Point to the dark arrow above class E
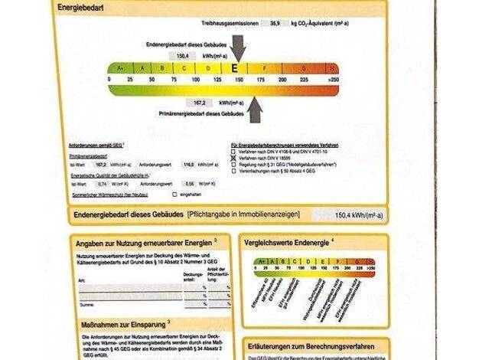(238, 47)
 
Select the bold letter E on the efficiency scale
(234, 68)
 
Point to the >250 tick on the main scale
(332, 79)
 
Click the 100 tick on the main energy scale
(195, 79)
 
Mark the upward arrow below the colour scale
(254, 110)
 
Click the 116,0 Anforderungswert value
(188, 165)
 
